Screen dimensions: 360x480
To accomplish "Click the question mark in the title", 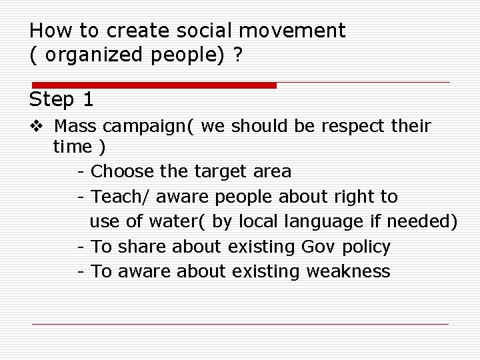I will pos(237,55).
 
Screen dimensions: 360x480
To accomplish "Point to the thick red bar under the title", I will pos(153,85).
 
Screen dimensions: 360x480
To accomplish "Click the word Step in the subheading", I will pos(52,100).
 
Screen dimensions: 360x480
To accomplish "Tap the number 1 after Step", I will pos(87,100).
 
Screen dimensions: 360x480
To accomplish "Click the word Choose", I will pos(122,171).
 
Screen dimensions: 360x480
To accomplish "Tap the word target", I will pos(221,172).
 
